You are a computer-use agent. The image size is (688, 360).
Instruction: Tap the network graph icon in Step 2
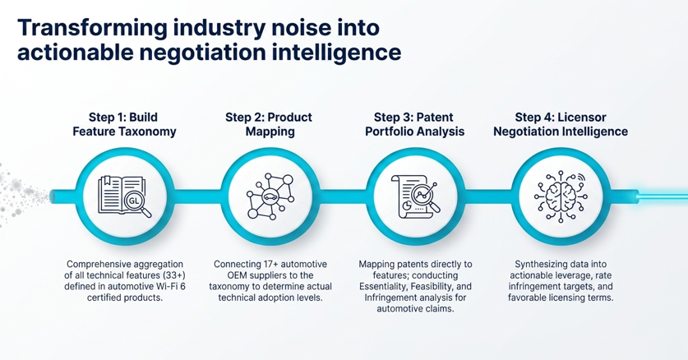pos(270,196)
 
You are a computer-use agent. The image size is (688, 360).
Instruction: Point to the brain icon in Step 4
pos(561,196)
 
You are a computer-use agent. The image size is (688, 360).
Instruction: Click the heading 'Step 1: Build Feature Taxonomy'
pos(124,125)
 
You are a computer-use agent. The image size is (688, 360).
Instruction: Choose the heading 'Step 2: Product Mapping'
pos(269,125)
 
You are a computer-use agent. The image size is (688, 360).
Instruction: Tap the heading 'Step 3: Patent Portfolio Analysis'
pos(414,125)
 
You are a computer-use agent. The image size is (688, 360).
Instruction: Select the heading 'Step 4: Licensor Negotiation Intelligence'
pos(561,125)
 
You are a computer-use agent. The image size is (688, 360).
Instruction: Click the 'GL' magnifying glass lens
pos(134,201)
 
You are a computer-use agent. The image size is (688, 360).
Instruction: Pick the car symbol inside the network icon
pos(269,196)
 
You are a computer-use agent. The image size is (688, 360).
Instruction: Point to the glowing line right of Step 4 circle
pos(649,196)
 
